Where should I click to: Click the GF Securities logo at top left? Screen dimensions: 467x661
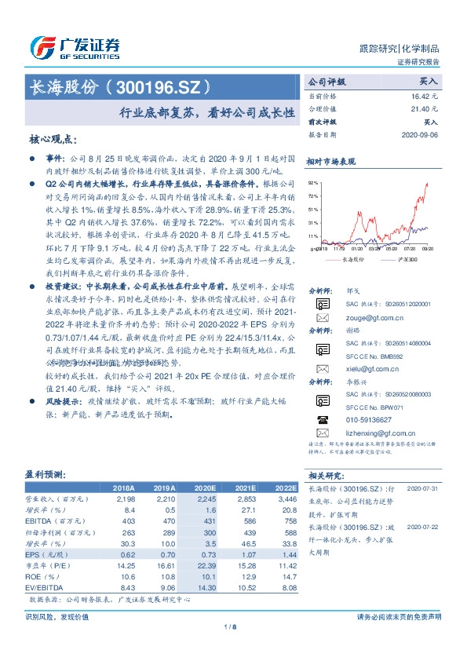(75, 47)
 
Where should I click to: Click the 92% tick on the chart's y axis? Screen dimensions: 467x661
(313, 181)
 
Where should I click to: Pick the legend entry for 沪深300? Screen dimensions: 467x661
(402, 257)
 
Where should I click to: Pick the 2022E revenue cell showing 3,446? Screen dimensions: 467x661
(285, 498)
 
